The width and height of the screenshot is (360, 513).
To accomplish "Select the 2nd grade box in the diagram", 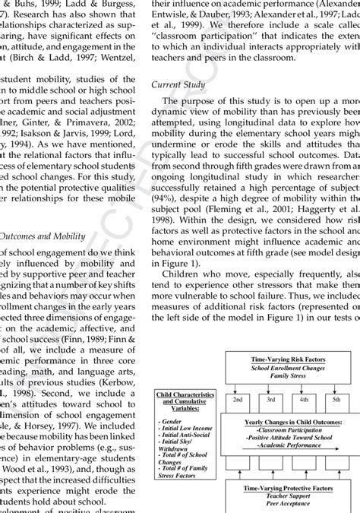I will point(238,398).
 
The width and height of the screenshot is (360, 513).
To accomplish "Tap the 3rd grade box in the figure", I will point(270,398).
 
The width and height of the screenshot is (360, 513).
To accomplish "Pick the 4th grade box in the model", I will point(304,398).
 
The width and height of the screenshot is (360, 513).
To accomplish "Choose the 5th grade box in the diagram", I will point(336,398).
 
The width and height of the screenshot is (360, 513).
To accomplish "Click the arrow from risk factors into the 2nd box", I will point(238,386).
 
